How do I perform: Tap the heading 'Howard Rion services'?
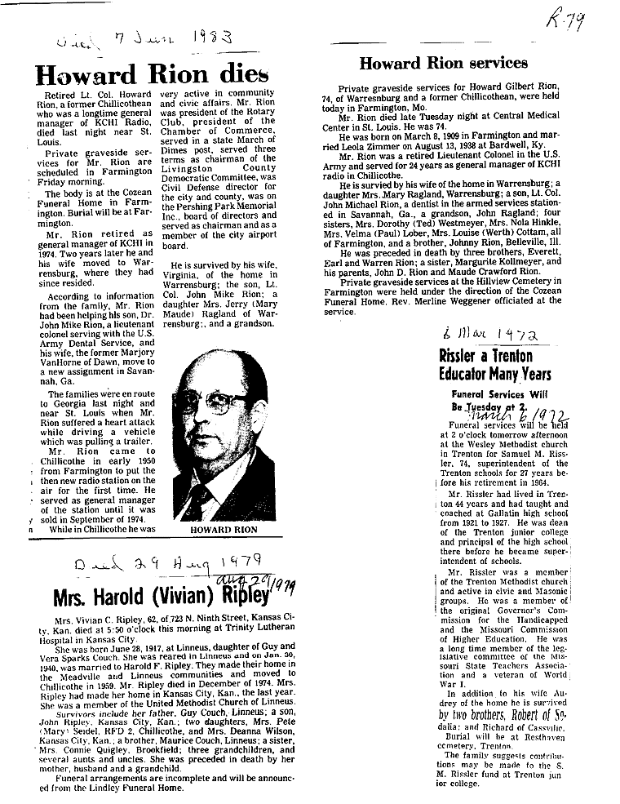click(x=444, y=63)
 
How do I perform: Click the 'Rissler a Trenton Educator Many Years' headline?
click(x=495, y=366)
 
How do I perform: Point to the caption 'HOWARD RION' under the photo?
click(x=224, y=530)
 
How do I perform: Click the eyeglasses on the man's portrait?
click(x=216, y=404)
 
